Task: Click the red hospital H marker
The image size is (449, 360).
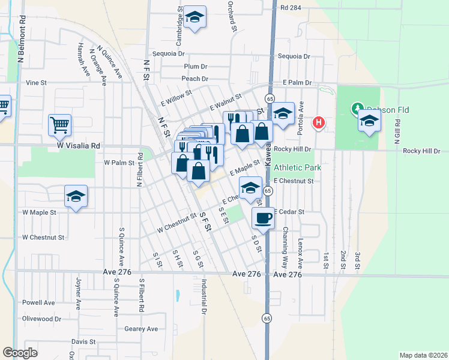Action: click(319, 122)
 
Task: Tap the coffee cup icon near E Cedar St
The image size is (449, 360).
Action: click(262, 218)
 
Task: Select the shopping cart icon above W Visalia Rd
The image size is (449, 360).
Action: click(60, 125)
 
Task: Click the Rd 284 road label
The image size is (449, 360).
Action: click(291, 8)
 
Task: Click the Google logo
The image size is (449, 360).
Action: click(20, 353)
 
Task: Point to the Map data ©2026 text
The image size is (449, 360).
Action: click(423, 355)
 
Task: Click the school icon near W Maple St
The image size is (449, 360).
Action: click(76, 196)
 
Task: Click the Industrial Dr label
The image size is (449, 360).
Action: click(204, 298)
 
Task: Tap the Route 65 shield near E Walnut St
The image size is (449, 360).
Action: click(270, 98)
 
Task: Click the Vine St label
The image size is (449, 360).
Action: click(36, 83)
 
